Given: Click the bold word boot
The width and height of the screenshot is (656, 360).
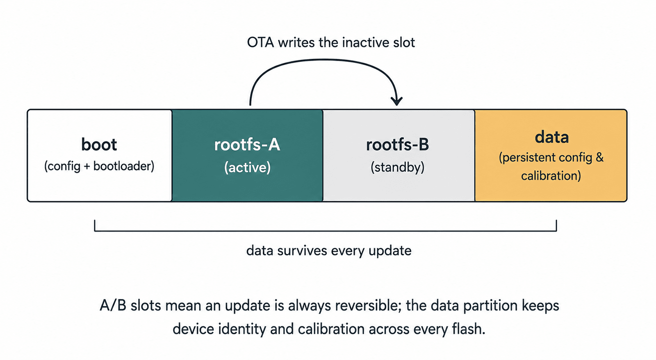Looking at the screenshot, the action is click(99, 144).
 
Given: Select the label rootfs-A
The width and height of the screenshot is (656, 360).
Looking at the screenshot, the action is click(247, 145).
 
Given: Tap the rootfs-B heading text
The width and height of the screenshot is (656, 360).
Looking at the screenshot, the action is click(397, 145).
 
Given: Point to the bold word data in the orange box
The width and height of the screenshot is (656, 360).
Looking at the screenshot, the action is click(552, 137).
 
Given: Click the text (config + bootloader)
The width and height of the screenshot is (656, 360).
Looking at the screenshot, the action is click(99, 166).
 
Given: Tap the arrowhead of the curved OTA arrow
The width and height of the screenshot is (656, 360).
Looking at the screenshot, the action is click(397, 101).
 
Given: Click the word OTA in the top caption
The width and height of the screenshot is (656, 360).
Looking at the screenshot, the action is click(260, 43).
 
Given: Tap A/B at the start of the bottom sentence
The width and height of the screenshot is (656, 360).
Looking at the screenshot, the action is click(113, 305).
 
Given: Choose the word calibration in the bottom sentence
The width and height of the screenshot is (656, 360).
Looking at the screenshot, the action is click(332, 329).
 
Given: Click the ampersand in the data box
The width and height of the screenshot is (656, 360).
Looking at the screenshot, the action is click(600, 157).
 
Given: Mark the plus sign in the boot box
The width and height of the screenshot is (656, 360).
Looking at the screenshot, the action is click(87, 166).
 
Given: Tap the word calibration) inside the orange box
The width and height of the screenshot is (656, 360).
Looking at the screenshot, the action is click(551, 176).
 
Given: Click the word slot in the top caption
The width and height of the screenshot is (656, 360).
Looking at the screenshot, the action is click(404, 43).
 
